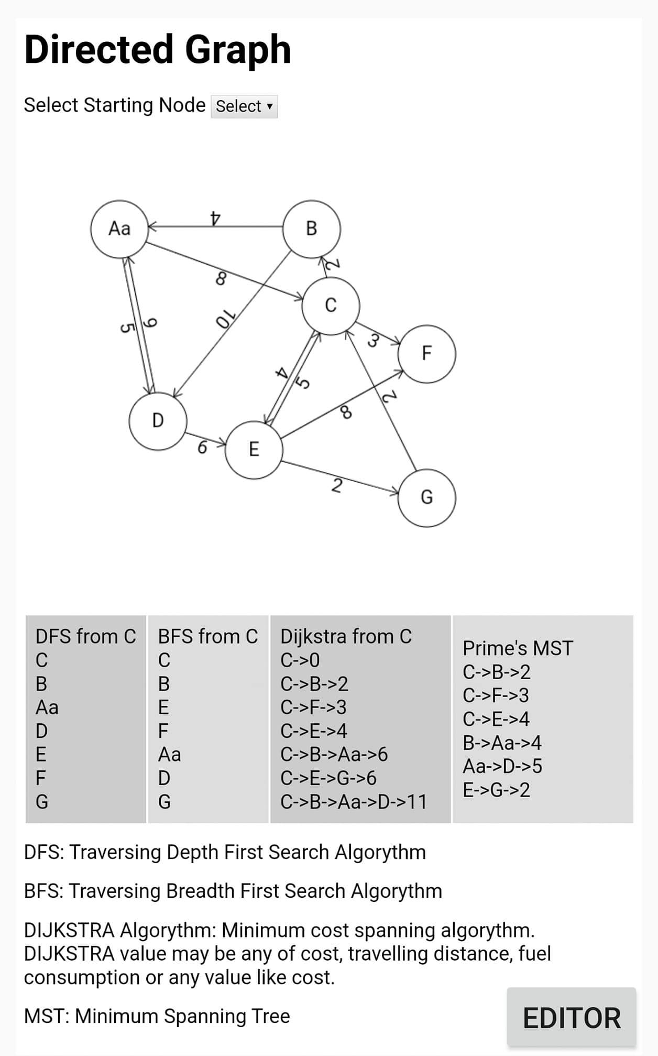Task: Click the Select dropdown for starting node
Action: (244, 106)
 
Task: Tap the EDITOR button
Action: (572, 1018)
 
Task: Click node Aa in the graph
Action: (119, 228)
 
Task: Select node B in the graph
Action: (311, 228)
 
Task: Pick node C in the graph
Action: (331, 305)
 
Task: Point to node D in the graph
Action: (158, 421)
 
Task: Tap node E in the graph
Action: (254, 450)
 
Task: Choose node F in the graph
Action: (426, 354)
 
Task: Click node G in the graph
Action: (426, 497)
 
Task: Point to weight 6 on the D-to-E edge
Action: (202, 447)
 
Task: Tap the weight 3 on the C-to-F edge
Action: (373, 341)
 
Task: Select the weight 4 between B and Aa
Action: (215, 217)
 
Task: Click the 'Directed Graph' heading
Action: (157, 49)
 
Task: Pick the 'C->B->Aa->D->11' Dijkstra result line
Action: (354, 802)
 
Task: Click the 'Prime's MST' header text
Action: (518, 648)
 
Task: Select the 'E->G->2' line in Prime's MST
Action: (496, 790)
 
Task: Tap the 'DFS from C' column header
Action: (85, 636)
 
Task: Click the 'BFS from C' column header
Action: (208, 636)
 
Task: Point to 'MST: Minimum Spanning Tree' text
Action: (157, 1016)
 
